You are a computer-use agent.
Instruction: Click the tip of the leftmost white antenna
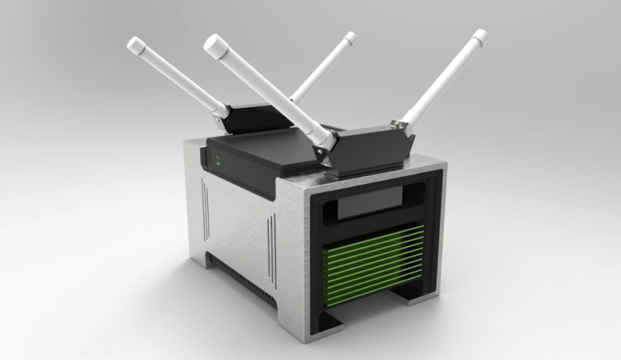(134, 44)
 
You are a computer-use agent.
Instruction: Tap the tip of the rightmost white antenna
(480, 36)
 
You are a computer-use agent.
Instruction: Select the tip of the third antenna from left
(349, 37)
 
